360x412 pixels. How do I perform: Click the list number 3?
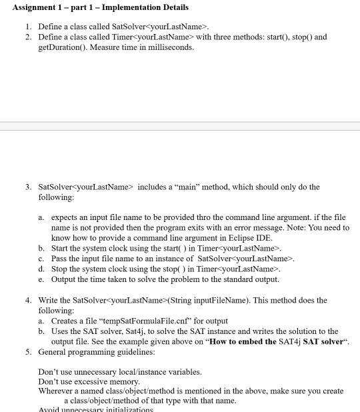[x=27, y=187]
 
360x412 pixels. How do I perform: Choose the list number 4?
[x=27, y=301]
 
